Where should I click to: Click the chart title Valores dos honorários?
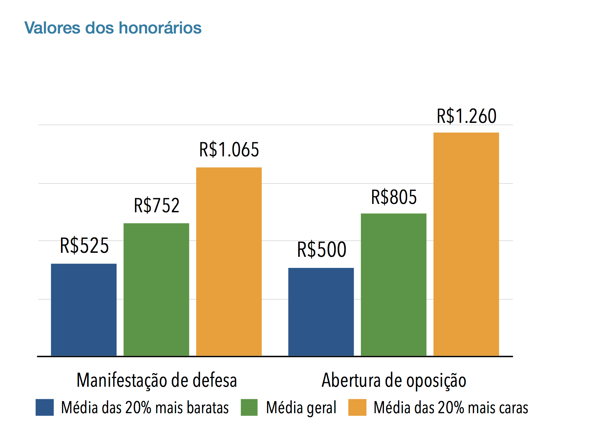click(x=113, y=28)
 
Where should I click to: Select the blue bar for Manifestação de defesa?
click(x=84, y=310)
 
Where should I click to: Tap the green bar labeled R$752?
click(x=156, y=289)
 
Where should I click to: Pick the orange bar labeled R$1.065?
click(x=229, y=261)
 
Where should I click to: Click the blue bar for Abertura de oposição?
click(x=321, y=312)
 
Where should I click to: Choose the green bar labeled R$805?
click(x=394, y=285)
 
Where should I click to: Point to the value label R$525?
click(x=84, y=245)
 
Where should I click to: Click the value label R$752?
click(x=157, y=205)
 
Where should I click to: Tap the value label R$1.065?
click(x=229, y=149)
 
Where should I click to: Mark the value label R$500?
click(x=322, y=249)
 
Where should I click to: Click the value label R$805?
click(x=394, y=197)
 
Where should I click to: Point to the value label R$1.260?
click(x=466, y=116)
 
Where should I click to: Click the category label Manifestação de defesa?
click(x=157, y=380)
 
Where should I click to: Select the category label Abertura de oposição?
click(x=394, y=380)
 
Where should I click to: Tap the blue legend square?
click(x=45, y=408)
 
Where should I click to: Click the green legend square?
click(x=249, y=408)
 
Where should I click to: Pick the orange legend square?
click(x=357, y=408)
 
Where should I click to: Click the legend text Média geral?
click(x=301, y=408)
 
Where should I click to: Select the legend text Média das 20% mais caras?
click(x=451, y=408)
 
